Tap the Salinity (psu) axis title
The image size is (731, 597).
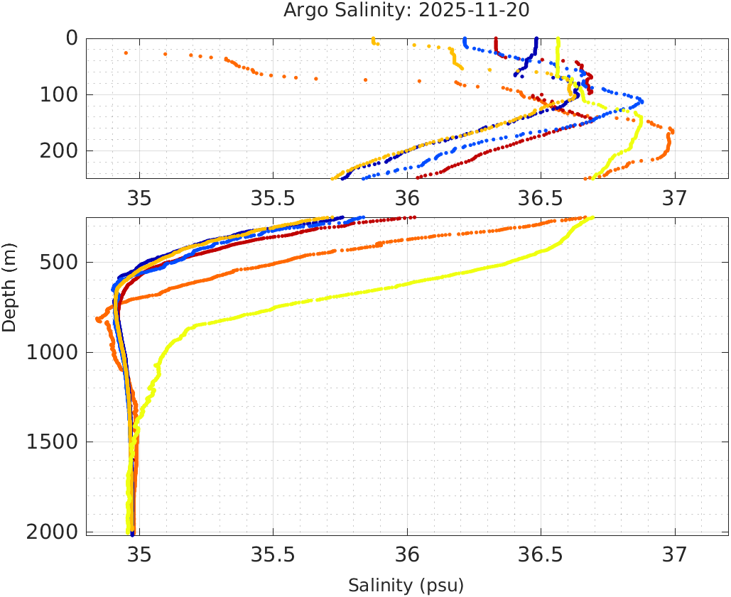406,586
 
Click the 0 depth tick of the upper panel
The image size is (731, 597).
72,38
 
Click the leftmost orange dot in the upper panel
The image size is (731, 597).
126,53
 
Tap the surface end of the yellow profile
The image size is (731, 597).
558,39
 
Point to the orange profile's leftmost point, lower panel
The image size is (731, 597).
98,319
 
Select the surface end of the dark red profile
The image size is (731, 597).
496,39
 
